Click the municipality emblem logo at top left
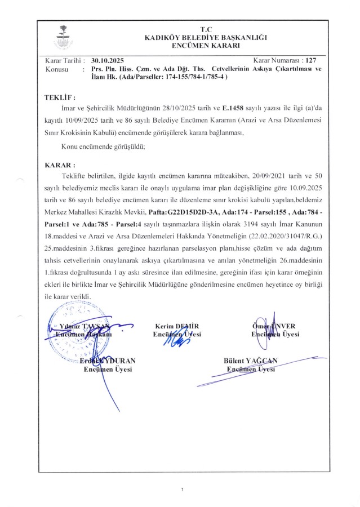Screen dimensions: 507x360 pyautogui.click(x=60, y=36)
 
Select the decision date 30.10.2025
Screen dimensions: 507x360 pyautogui.click(x=106, y=60)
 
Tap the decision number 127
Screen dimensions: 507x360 pyautogui.click(x=310, y=59)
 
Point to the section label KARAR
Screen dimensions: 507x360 pyautogui.click(x=59, y=166)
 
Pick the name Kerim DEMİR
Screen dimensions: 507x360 pyautogui.click(x=177, y=326)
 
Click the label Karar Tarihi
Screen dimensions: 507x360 pyautogui.click(x=64, y=60)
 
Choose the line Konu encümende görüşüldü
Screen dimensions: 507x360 pyautogui.click(x=103, y=147)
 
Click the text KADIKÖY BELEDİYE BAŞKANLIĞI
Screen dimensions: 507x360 pyautogui.click(x=206, y=37)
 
